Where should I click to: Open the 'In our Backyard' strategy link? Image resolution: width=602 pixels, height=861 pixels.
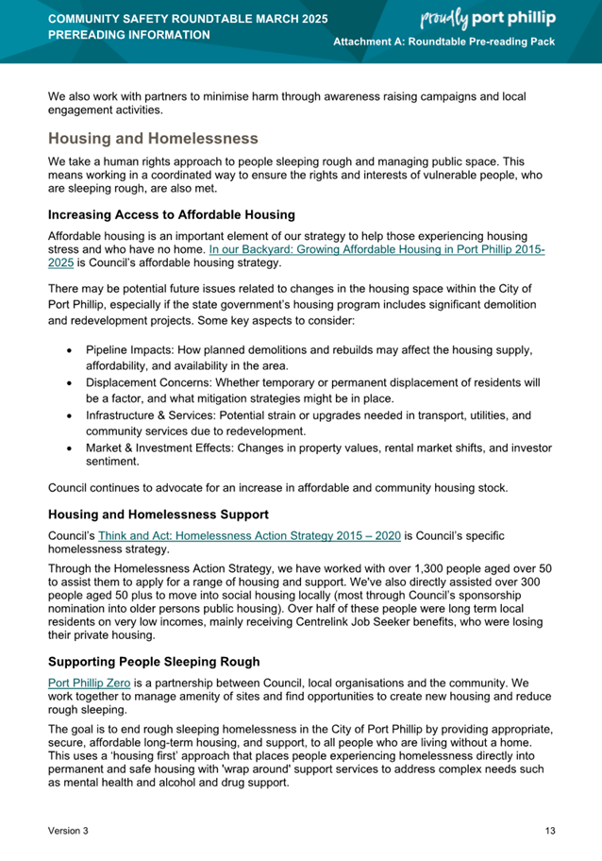[377, 250]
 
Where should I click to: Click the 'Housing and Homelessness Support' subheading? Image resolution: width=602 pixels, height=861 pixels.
[159, 515]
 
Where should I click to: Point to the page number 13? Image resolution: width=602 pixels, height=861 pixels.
[550, 831]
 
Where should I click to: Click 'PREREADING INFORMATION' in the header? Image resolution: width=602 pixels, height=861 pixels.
[129, 35]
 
